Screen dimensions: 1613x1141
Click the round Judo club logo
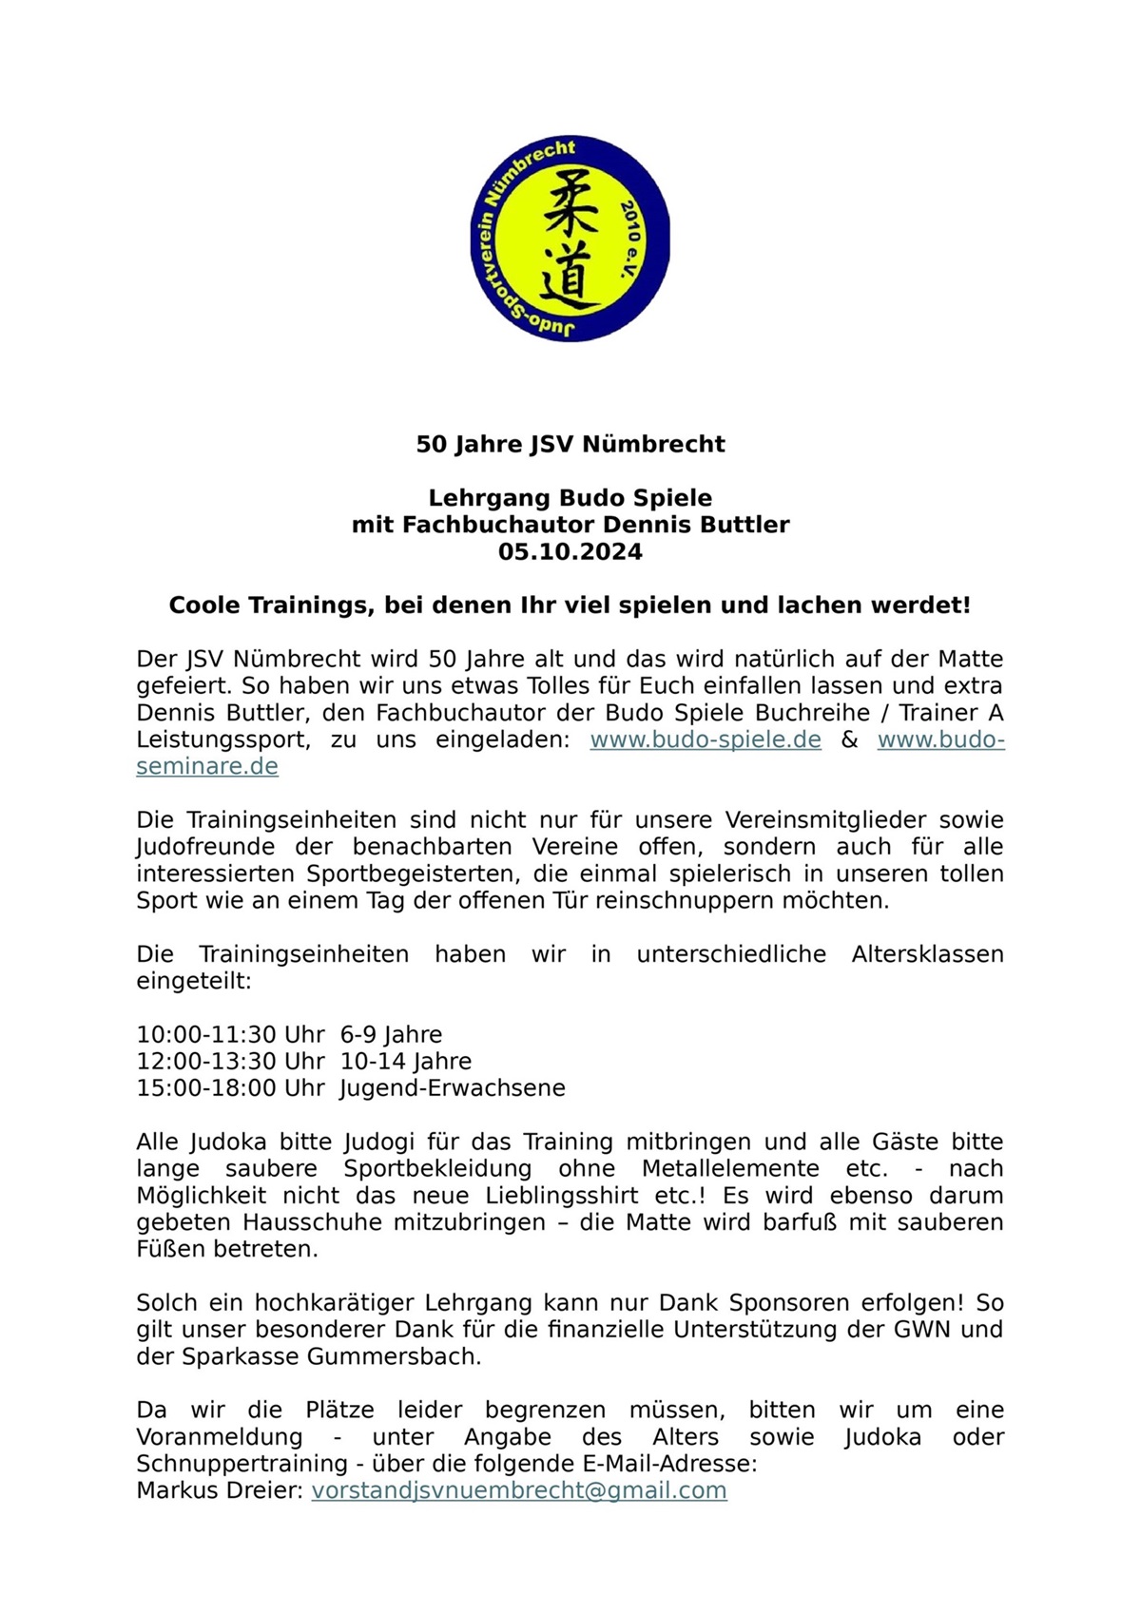pyautogui.click(x=570, y=239)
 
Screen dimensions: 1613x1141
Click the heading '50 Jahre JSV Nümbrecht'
pyautogui.click(x=570, y=445)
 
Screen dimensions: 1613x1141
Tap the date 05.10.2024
pyautogui.click(x=570, y=552)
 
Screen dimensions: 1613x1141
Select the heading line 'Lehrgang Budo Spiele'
pyautogui.click(x=570, y=498)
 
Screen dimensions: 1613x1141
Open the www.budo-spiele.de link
pyautogui.click(x=706, y=739)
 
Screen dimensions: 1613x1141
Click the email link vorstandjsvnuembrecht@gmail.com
pyautogui.click(x=519, y=1490)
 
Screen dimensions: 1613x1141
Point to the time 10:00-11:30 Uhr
pyautogui.click(x=231, y=1034)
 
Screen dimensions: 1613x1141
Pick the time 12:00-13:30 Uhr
pyautogui.click(x=231, y=1061)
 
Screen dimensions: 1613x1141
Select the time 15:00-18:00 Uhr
pyautogui.click(x=231, y=1088)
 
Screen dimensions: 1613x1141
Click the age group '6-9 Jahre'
pyautogui.click(x=391, y=1034)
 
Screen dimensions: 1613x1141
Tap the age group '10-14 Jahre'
pyautogui.click(x=406, y=1061)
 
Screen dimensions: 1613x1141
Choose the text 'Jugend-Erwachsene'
pyautogui.click(x=453, y=1088)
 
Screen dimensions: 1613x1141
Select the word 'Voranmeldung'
pyautogui.click(x=220, y=1437)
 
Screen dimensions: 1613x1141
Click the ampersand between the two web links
pyautogui.click(x=849, y=739)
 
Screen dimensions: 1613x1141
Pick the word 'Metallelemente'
pyautogui.click(x=730, y=1168)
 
